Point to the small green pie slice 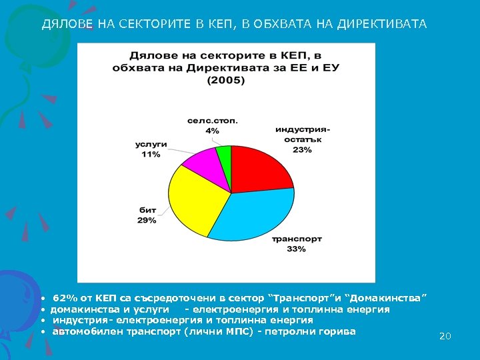(x=225, y=154)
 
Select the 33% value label (x=297, y=249)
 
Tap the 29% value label (x=147, y=220)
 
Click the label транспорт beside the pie (x=297, y=239)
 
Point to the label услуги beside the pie (x=151, y=145)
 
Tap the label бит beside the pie (x=147, y=210)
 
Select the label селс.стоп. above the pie (x=212, y=121)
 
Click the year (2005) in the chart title (x=226, y=80)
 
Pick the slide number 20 (x=445, y=337)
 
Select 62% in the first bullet (x=64, y=297)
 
